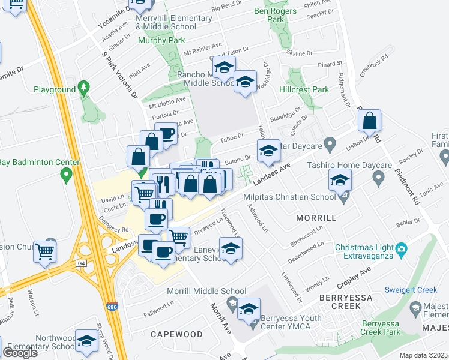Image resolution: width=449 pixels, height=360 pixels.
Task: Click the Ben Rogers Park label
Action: click(275, 15)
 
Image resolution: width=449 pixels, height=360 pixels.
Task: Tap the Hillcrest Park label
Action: click(304, 89)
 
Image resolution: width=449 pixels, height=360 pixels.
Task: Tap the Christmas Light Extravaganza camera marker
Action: click(402, 248)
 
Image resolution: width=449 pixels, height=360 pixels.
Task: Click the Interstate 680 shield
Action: click(118, 307)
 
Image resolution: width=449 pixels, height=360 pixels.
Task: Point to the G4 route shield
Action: click(82, 263)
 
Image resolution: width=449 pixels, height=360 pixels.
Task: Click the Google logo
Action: click(20, 352)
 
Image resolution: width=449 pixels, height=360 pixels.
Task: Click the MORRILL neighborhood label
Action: click(317, 218)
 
